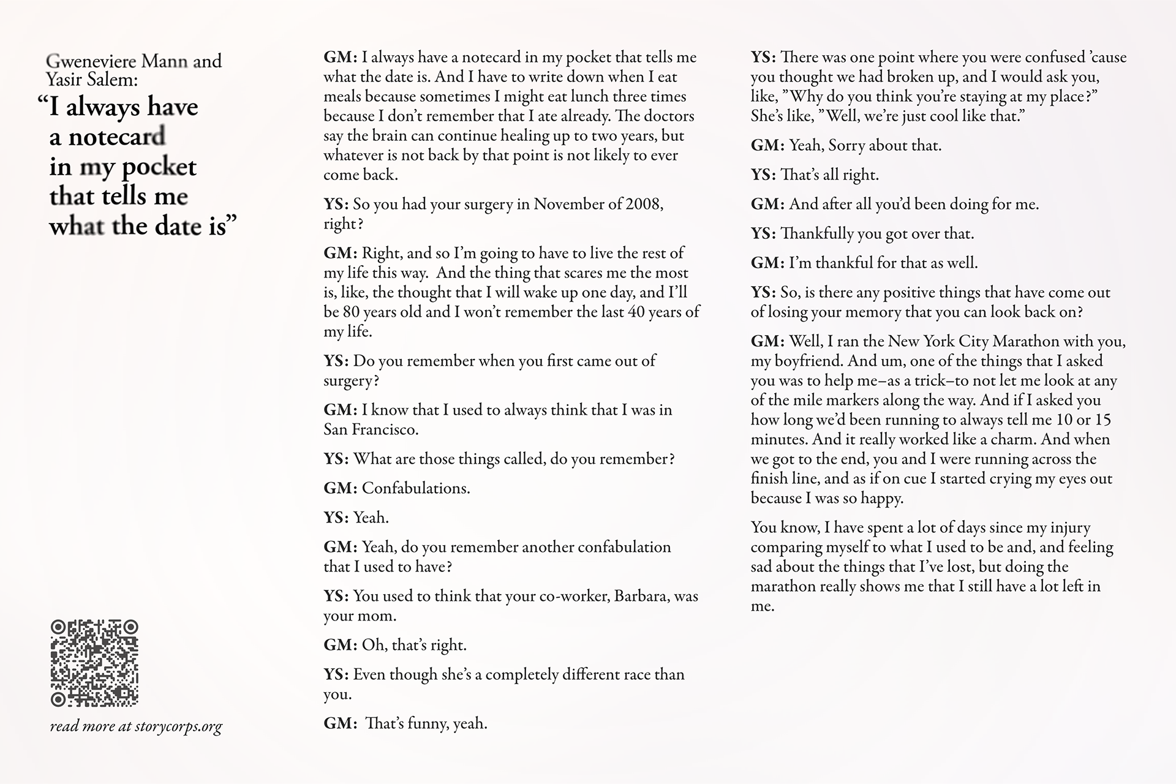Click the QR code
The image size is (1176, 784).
(94, 663)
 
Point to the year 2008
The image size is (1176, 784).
(643, 204)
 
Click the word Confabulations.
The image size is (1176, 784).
(416, 488)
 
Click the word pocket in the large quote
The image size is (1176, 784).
(159, 167)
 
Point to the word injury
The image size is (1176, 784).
(1070, 527)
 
